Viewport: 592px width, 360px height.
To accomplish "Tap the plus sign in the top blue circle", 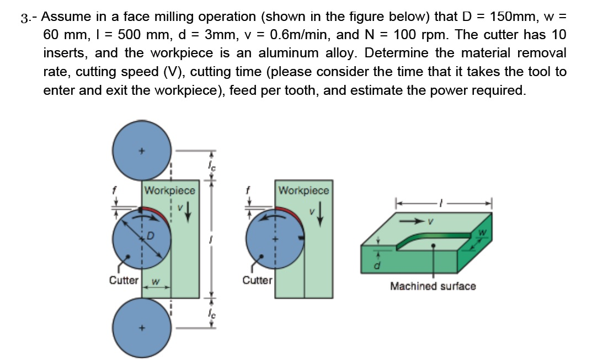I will pyautogui.click(x=142, y=149).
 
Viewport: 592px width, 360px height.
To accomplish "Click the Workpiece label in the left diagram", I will pyautogui.click(x=169, y=190).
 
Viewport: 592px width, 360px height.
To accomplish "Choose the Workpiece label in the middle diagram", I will pyautogui.click(x=303, y=190).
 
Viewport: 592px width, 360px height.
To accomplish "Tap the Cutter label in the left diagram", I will pyautogui.click(x=124, y=280).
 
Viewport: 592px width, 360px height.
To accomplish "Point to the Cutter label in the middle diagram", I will pyautogui.click(x=258, y=280).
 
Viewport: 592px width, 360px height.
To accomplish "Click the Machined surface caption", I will pyautogui.click(x=433, y=286).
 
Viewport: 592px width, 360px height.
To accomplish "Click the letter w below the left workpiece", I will pyautogui.click(x=156, y=283).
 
